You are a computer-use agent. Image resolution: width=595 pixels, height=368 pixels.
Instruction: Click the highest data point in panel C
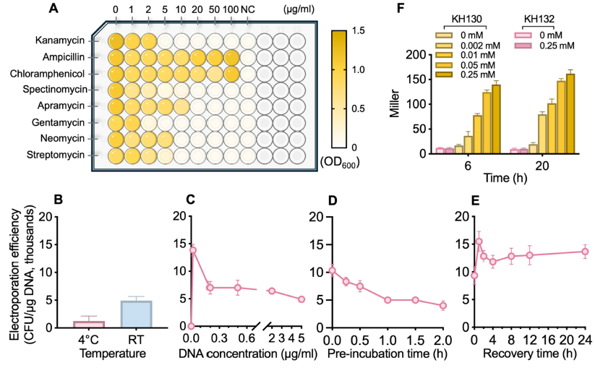pyautogui.click(x=193, y=250)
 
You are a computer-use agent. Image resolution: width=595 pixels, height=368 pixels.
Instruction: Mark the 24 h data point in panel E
pyautogui.click(x=585, y=252)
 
